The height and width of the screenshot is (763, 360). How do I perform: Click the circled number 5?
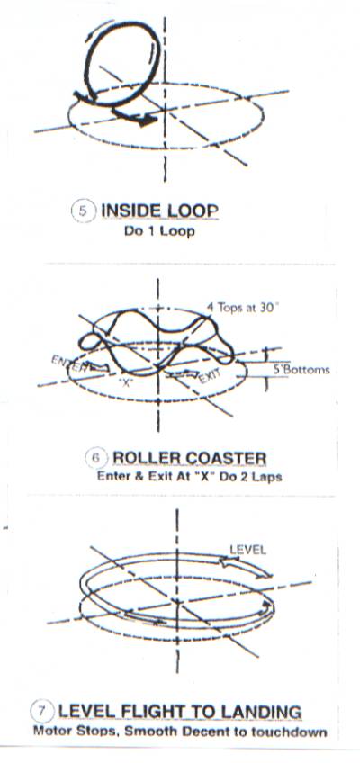pos(83,212)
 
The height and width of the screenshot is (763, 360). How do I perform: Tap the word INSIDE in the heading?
pos(130,211)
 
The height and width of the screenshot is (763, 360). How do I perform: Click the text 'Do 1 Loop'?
pos(159,230)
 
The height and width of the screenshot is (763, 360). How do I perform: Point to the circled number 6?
pos(95,458)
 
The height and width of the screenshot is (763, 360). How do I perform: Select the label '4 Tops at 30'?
pos(242,308)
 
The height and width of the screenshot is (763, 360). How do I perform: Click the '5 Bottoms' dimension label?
pos(301,370)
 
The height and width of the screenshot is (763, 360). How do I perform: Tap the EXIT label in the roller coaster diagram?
pos(211,376)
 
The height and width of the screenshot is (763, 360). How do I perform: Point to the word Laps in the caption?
pos(266,476)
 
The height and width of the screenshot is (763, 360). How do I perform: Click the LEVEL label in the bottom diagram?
pos(247,550)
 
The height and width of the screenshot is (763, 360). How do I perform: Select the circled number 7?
pos(41,712)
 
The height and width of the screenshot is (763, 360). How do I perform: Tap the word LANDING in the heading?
pos(261,711)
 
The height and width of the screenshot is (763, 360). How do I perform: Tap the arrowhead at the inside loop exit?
pos(147,120)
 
